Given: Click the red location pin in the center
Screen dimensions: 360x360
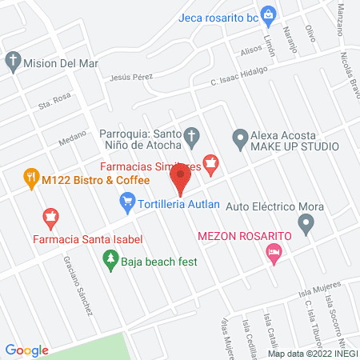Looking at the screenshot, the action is point(181,178).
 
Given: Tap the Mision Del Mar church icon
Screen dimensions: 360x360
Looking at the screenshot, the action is point(12,61).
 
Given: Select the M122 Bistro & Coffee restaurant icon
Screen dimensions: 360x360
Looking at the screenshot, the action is point(30,178).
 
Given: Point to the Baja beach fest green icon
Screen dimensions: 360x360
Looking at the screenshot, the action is point(110,259).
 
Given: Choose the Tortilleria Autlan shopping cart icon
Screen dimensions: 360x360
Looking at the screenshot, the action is point(128,204).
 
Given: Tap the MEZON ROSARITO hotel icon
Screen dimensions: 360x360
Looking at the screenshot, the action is point(274,255).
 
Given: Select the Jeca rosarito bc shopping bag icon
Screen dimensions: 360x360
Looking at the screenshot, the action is point(269,13).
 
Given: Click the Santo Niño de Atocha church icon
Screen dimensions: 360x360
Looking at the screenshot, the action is point(190,136).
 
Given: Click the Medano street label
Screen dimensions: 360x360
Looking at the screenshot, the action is point(72,141).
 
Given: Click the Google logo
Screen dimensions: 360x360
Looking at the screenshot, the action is point(27,350).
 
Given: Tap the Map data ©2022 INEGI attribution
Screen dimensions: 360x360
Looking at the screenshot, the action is point(313,354).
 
